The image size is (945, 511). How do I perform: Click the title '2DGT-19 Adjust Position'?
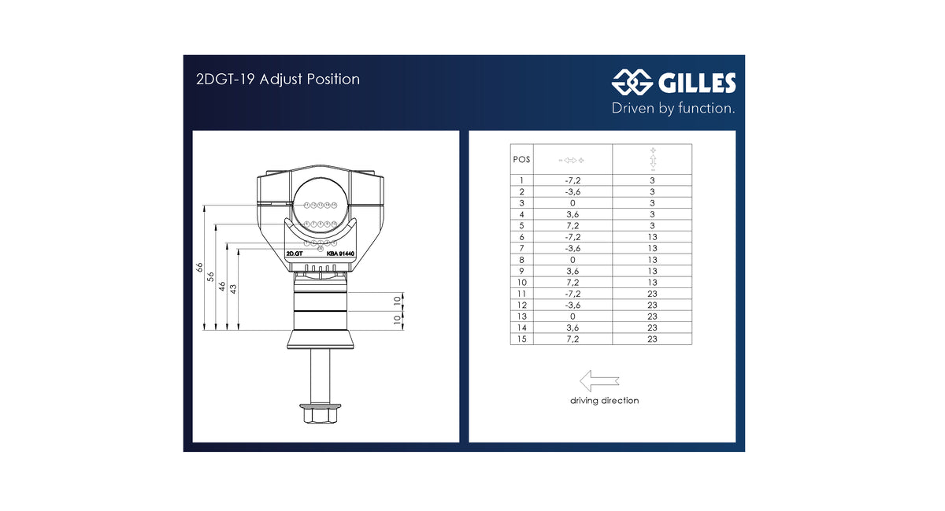click(277, 80)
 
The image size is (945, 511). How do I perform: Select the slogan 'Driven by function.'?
click(673, 108)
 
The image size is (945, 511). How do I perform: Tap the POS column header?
click(521, 159)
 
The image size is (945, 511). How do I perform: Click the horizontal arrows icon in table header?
click(573, 160)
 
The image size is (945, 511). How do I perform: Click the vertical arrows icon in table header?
click(652, 159)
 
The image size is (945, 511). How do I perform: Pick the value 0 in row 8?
click(573, 260)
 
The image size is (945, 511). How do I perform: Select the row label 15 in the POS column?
click(521, 339)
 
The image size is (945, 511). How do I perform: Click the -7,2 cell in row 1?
click(573, 180)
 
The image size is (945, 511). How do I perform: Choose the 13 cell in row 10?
click(652, 283)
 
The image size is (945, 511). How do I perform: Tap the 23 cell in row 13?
click(652, 317)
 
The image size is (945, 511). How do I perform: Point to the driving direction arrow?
click(598, 381)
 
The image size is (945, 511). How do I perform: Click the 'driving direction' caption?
click(604, 401)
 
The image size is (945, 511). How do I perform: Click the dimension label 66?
click(200, 268)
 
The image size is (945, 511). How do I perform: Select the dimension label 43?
click(233, 289)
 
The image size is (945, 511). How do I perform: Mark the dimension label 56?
click(211, 276)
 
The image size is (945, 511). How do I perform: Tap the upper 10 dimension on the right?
click(397, 300)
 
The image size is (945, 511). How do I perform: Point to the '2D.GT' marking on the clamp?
click(295, 254)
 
